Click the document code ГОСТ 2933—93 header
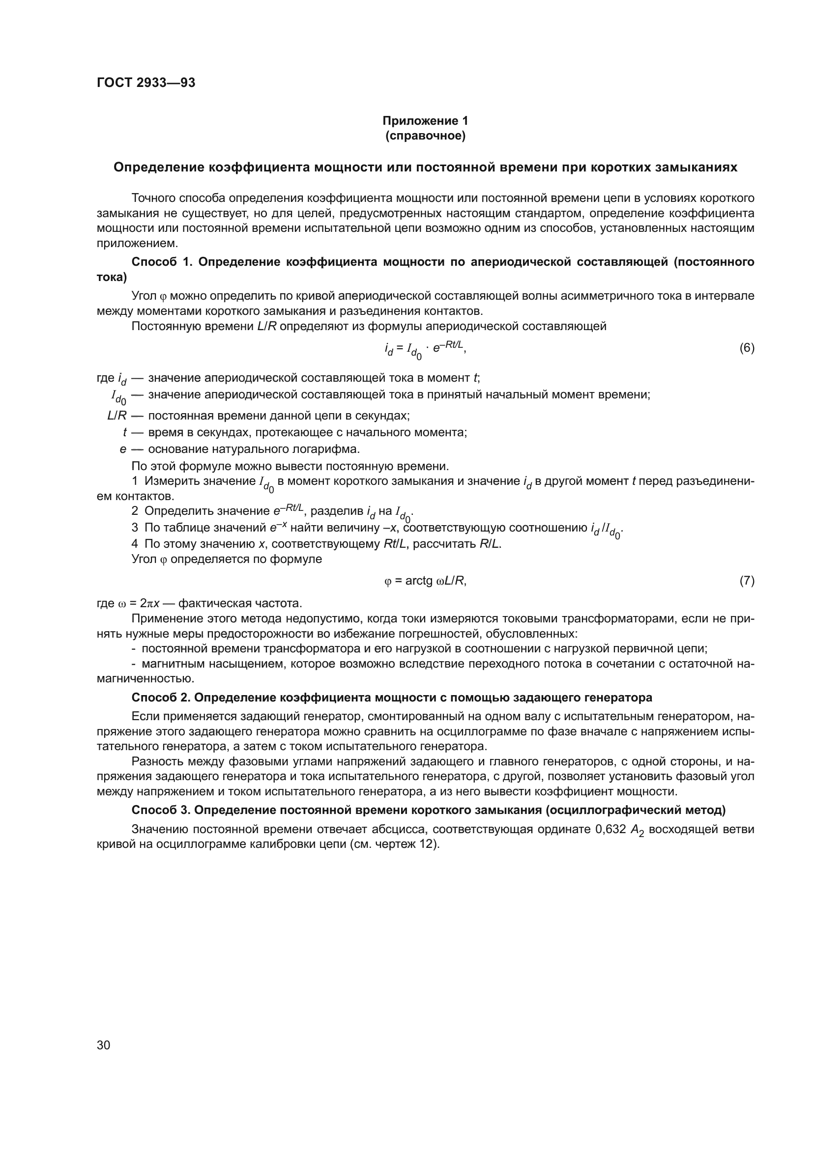(145, 83)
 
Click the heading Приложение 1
(425, 121)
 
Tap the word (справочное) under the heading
(425, 136)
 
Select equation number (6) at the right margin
(747, 348)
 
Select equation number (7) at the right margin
(747, 581)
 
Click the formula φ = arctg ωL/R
(425, 581)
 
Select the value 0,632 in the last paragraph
(610, 829)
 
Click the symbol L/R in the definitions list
(117, 416)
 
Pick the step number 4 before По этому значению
(135, 544)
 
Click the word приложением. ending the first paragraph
(137, 244)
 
